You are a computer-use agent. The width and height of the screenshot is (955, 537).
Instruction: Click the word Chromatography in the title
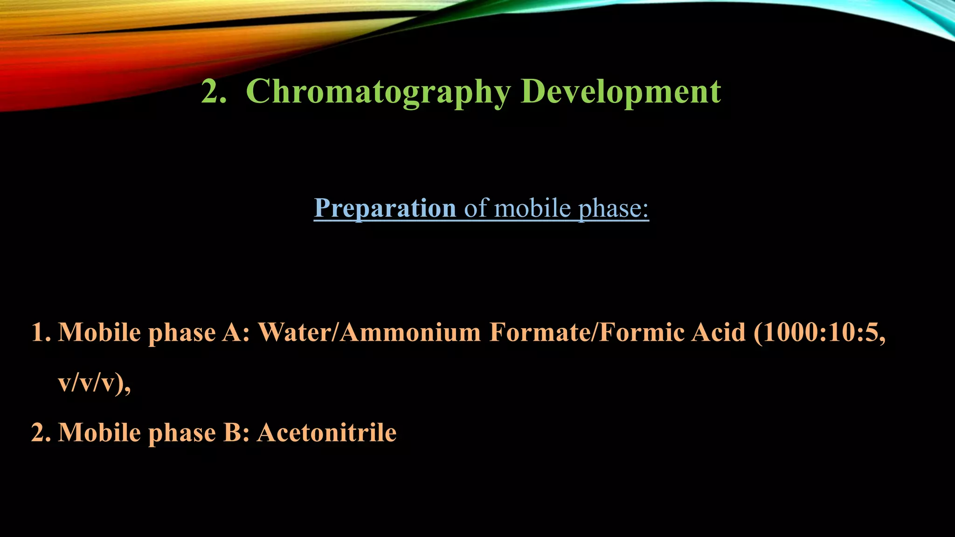pyautogui.click(x=378, y=92)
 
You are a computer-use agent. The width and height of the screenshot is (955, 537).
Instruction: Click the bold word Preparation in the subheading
pyautogui.click(x=385, y=208)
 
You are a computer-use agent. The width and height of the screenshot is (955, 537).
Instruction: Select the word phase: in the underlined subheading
pyautogui.click(x=614, y=208)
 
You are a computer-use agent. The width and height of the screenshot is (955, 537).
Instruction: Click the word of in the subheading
pyautogui.click(x=476, y=208)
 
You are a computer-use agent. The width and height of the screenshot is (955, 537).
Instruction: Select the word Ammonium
pyautogui.click(x=410, y=333)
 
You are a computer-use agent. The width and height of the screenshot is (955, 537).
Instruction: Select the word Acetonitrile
pyautogui.click(x=327, y=433)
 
